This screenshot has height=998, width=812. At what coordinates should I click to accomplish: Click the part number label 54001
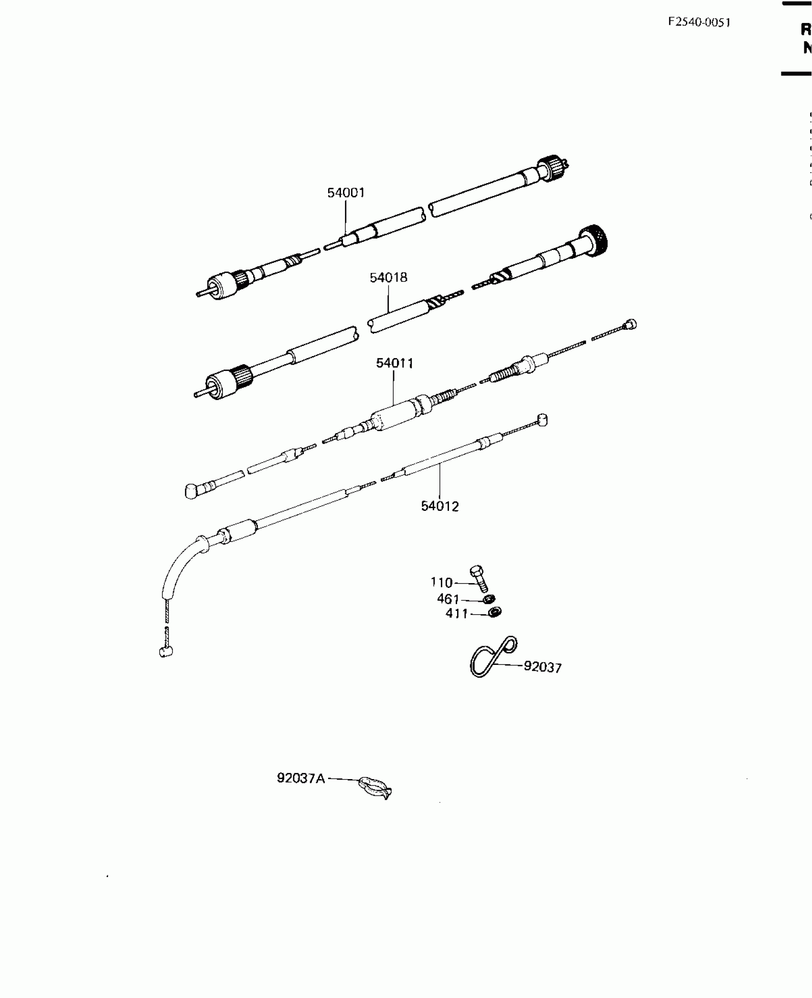tap(346, 193)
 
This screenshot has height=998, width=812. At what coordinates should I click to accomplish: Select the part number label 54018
tap(388, 278)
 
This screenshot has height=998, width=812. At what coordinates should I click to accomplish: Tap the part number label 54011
tap(395, 363)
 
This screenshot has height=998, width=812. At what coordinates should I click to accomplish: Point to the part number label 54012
tap(439, 506)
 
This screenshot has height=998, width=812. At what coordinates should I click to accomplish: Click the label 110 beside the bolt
tap(441, 583)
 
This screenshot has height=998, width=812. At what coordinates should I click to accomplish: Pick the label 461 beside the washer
tap(448, 599)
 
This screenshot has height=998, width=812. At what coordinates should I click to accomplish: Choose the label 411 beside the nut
tap(457, 614)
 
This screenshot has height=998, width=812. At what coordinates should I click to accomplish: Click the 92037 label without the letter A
tap(543, 667)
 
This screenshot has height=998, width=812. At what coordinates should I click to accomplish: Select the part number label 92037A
tap(301, 779)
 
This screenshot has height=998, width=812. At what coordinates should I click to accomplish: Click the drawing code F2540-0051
tap(699, 22)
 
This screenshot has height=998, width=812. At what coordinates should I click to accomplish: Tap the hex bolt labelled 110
tap(479, 578)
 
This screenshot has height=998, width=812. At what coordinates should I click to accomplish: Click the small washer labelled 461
tap(489, 599)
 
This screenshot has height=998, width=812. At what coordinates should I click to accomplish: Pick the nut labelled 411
tap(495, 612)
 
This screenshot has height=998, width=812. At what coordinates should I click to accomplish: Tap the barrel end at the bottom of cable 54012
tap(166, 651)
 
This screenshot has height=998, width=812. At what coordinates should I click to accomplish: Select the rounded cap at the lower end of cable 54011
tap(192, 491)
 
